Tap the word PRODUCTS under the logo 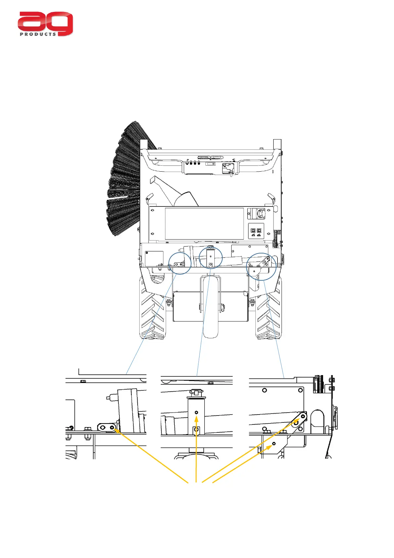click(38, 34)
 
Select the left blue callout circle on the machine click(180, 263)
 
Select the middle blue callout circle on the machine click(211, 257)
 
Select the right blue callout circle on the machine click(261, 267)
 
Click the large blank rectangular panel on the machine click(204, 223)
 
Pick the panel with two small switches click(256, 231)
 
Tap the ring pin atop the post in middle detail click(197, 393)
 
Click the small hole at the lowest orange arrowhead click(274, 444)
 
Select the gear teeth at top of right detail click(318, 384)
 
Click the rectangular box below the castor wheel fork click(210, 307)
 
